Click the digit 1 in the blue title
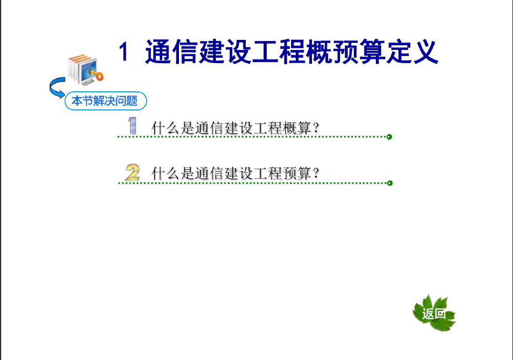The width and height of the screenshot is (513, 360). click(123, 52)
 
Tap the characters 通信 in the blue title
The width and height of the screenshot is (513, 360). click(172, 52)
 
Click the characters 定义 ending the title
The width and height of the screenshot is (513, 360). click(412, 52)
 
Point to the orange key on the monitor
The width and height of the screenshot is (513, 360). click(97, 75)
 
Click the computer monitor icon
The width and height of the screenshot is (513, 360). click(88, 72)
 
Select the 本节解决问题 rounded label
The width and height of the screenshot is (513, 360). click(106, 101)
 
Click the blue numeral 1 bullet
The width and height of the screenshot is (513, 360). click(132, 126)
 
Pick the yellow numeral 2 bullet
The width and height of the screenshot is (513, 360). click(132, 173)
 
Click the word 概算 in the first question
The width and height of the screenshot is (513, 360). click(297, 128)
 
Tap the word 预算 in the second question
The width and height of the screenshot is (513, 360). click(297, 173)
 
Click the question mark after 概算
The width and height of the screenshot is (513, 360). click(316, 127)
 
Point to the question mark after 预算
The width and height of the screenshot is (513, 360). click(316, 173)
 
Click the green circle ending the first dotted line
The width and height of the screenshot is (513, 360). click(390, 136)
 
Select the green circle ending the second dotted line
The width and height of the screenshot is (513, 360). click(390, 183)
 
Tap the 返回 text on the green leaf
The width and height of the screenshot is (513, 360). click(434, 314)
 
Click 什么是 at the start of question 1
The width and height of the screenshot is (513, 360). click(173, 128)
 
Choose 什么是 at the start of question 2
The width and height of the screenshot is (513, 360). click(173, 173)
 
